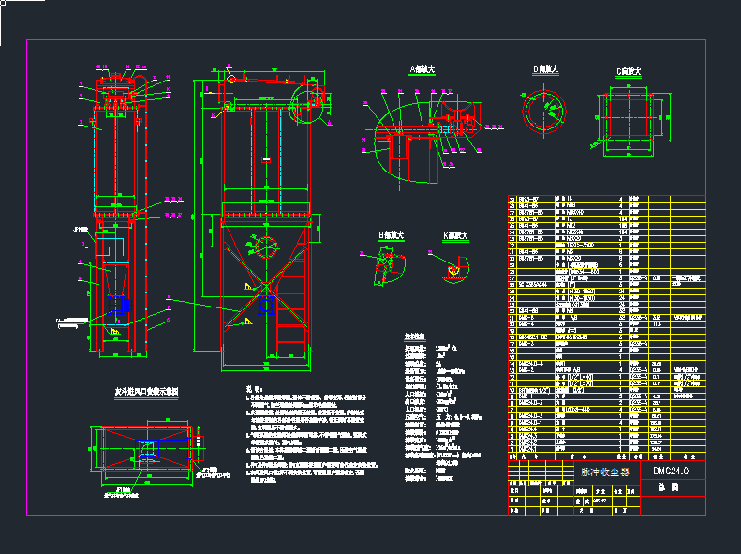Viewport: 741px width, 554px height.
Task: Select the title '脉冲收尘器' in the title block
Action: click(605, 472)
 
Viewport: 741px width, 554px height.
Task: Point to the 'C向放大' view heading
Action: click(628, 71)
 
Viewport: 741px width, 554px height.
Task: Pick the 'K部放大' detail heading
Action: click(450, 234)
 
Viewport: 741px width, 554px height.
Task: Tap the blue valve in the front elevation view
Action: click(265, 303)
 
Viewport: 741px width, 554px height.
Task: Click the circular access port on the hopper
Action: click(265, 247)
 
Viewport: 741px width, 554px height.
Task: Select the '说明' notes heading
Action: click(242, 389)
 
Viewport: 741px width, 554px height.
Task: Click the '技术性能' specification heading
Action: click(413, 336)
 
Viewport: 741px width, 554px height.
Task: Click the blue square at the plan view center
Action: click(146, 449)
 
